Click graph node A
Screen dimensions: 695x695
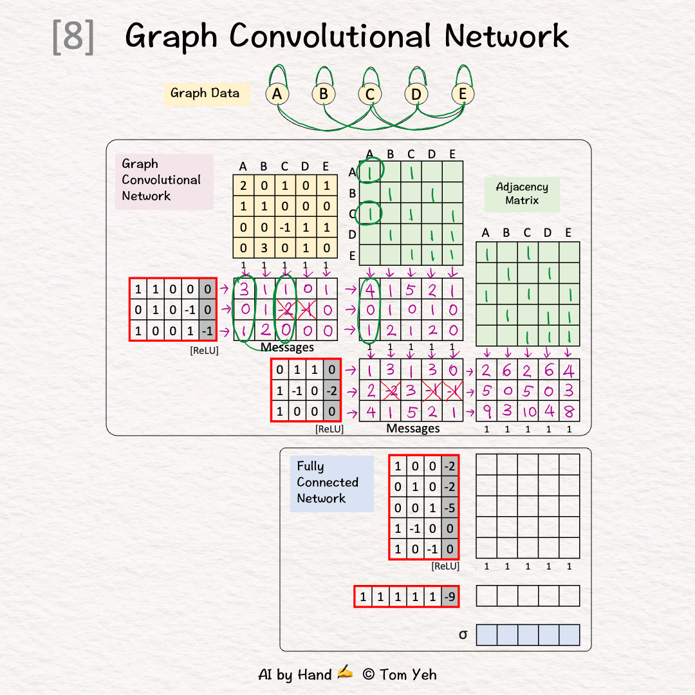pos(277,94)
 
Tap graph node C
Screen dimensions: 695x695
pos(369,94)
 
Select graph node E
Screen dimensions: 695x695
pos(462,94)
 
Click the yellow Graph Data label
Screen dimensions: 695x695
pos(205,93)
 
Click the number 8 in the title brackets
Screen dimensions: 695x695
pos(73,37)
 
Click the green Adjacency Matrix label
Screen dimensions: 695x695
pos(522,194)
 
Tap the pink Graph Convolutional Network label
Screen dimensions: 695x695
pos(162,180)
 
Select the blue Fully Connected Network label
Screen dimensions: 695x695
pos(328,483)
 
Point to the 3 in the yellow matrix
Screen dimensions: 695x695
pos(264,248)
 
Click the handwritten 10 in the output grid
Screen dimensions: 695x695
pos(528,411)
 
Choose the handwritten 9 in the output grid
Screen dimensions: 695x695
pos(486,411)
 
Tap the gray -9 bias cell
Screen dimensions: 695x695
pos(450,597)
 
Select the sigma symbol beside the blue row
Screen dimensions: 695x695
pos(463,635)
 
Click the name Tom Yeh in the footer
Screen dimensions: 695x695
pos(408,674)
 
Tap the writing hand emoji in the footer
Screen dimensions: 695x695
pos(346,673)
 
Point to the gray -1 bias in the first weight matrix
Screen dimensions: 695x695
pos(207,331)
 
